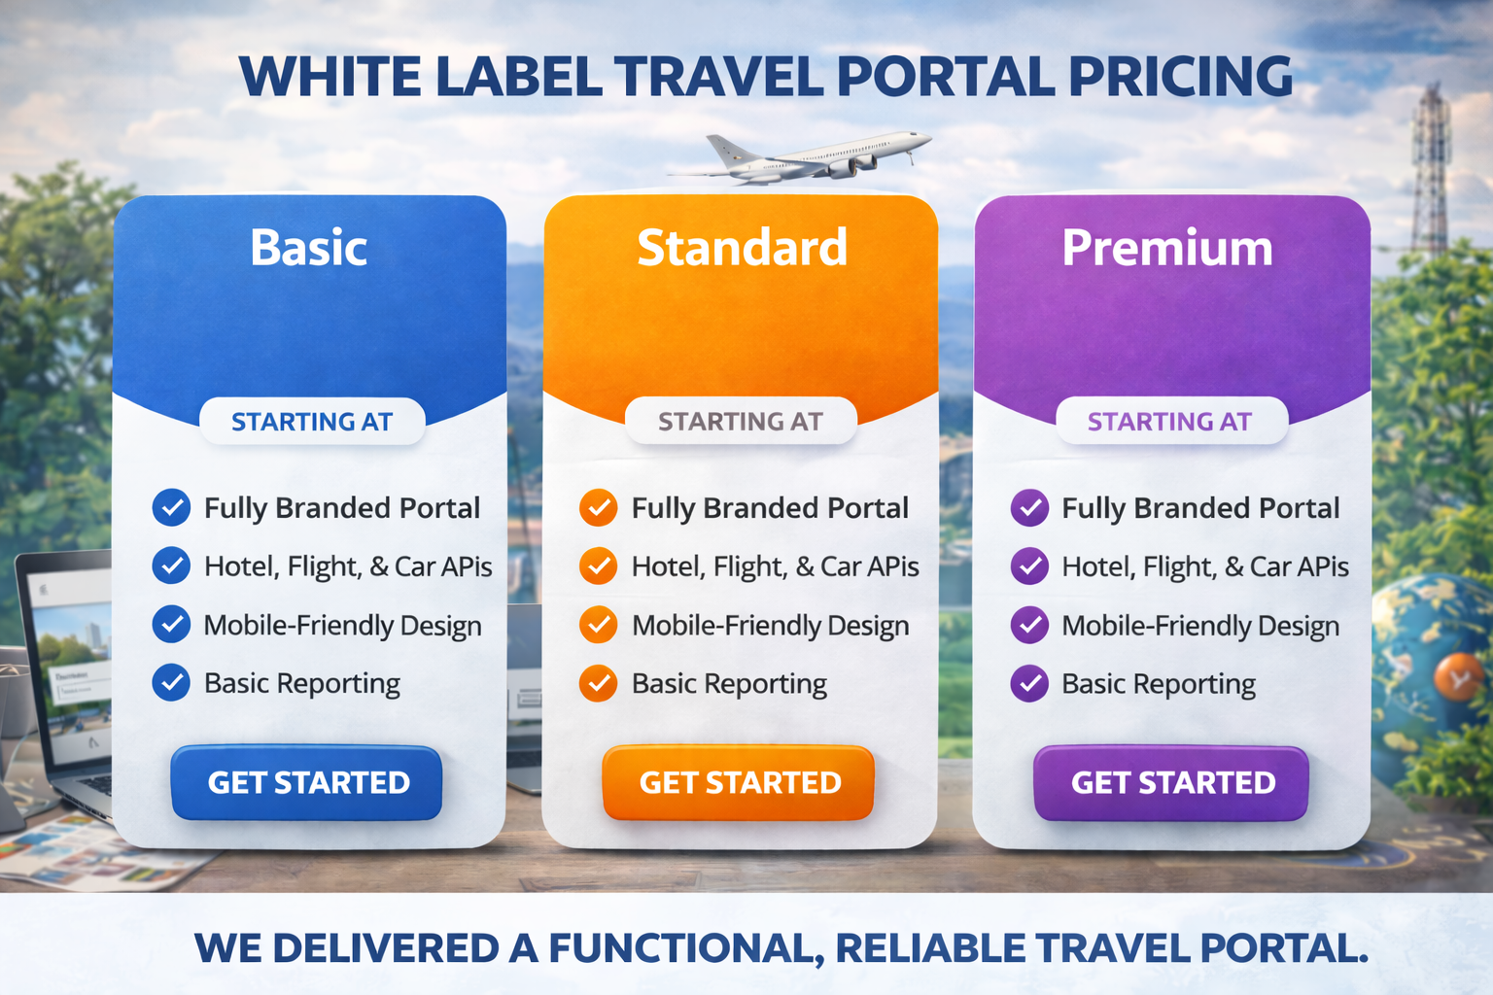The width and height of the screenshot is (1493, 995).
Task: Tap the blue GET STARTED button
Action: (307, 783)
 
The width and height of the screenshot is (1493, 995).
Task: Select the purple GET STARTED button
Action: (1171, 783)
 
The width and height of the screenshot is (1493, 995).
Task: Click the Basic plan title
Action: (308, 248)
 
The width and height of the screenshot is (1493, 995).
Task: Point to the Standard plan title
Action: (742, 248)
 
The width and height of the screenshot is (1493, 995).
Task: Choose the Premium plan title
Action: (1166, 248)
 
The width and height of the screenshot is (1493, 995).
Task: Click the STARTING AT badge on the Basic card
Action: (312, 422)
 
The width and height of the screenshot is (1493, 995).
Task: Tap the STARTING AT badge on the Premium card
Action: (1170, 422)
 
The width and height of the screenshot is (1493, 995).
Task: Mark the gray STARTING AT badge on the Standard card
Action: (741, 422)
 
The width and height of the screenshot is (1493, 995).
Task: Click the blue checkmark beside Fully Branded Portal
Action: (171, 507)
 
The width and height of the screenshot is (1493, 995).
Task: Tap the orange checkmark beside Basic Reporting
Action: (599, 683)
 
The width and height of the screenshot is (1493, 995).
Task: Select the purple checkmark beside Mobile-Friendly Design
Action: (1029, 625)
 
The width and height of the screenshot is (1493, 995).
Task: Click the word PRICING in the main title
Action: (1180, 77)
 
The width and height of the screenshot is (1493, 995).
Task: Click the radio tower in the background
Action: (1430, 170)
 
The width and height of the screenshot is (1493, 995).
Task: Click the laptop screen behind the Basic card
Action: (73, 651)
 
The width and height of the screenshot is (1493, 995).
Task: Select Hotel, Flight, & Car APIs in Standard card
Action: (775, 566)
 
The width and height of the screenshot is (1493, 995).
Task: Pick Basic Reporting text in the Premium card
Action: (1158, 684)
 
